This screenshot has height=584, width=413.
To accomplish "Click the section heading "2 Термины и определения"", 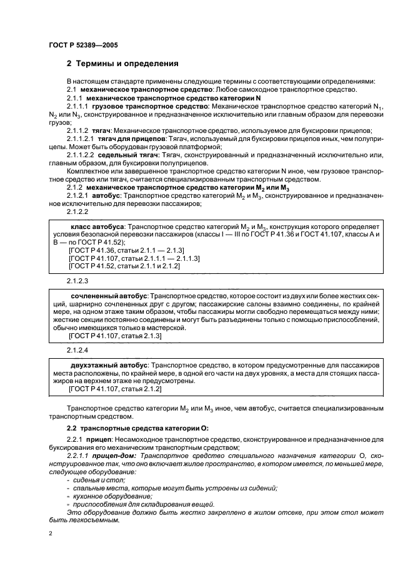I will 122,64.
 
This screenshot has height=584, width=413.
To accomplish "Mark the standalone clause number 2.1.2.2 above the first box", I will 78,212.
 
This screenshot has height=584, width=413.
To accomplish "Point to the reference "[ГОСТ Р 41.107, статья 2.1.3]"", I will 115,336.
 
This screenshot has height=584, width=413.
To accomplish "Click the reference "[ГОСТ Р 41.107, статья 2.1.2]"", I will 115,389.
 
